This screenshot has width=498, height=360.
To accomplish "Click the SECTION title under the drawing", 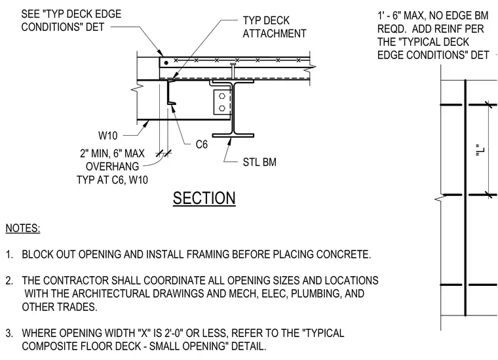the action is (204, 198).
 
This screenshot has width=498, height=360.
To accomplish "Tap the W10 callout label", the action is (108, 136).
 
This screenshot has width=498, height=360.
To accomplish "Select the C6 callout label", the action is (202, 144).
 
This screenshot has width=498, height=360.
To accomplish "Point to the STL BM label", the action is (259, 162).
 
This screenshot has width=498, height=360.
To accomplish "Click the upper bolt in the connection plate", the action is (222, 96).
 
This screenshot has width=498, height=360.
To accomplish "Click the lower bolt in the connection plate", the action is (222, 108).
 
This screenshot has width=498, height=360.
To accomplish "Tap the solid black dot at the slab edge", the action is (166, 63).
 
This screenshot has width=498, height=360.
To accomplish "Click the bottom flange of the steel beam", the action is (233, 136).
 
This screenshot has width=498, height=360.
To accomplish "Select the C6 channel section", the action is (170, 92).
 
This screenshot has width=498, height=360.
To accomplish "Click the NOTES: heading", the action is (23, 228).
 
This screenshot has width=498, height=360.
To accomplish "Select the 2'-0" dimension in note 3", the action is (174, 333).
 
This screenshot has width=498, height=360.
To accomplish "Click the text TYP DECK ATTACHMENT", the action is (275, 27).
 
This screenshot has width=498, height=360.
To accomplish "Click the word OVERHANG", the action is (113, 167).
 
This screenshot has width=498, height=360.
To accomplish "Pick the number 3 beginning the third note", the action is (9, 333).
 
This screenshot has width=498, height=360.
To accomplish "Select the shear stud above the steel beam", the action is (233, 71).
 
